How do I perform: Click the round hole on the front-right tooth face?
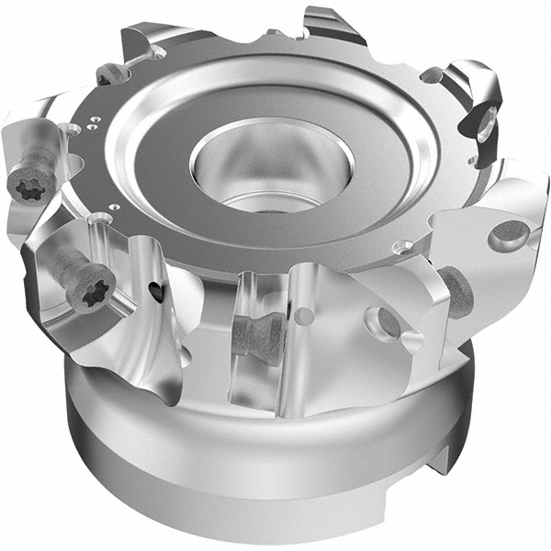383,321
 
